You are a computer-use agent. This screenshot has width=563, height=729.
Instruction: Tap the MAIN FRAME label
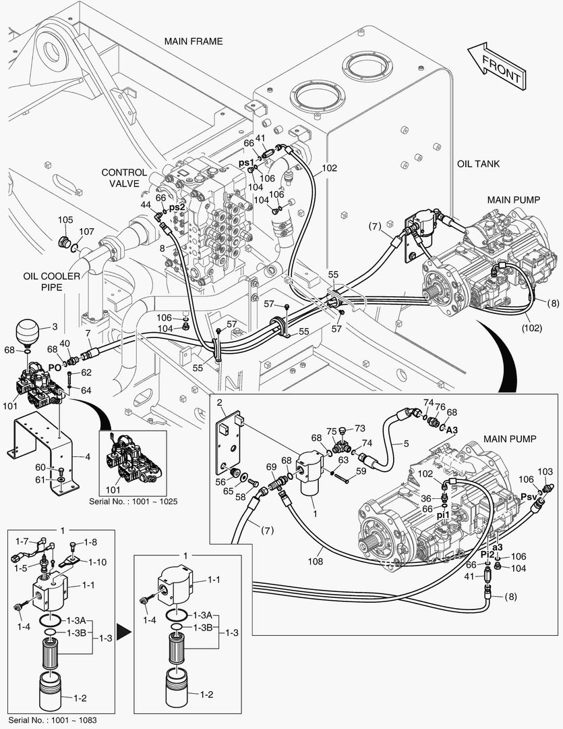point(193,41)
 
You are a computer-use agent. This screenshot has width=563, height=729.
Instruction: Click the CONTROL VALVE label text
point(124,178)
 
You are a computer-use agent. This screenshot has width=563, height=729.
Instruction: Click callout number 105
point(65,220)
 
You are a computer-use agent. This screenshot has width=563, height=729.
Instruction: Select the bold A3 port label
point(452,429)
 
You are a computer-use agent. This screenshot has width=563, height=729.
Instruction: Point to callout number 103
point(545,470)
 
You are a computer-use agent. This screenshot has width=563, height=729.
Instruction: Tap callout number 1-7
point(22,542)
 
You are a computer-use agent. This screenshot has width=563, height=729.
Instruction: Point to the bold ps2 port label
point(177,207)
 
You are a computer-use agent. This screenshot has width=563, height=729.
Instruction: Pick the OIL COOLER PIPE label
point(51,281)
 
